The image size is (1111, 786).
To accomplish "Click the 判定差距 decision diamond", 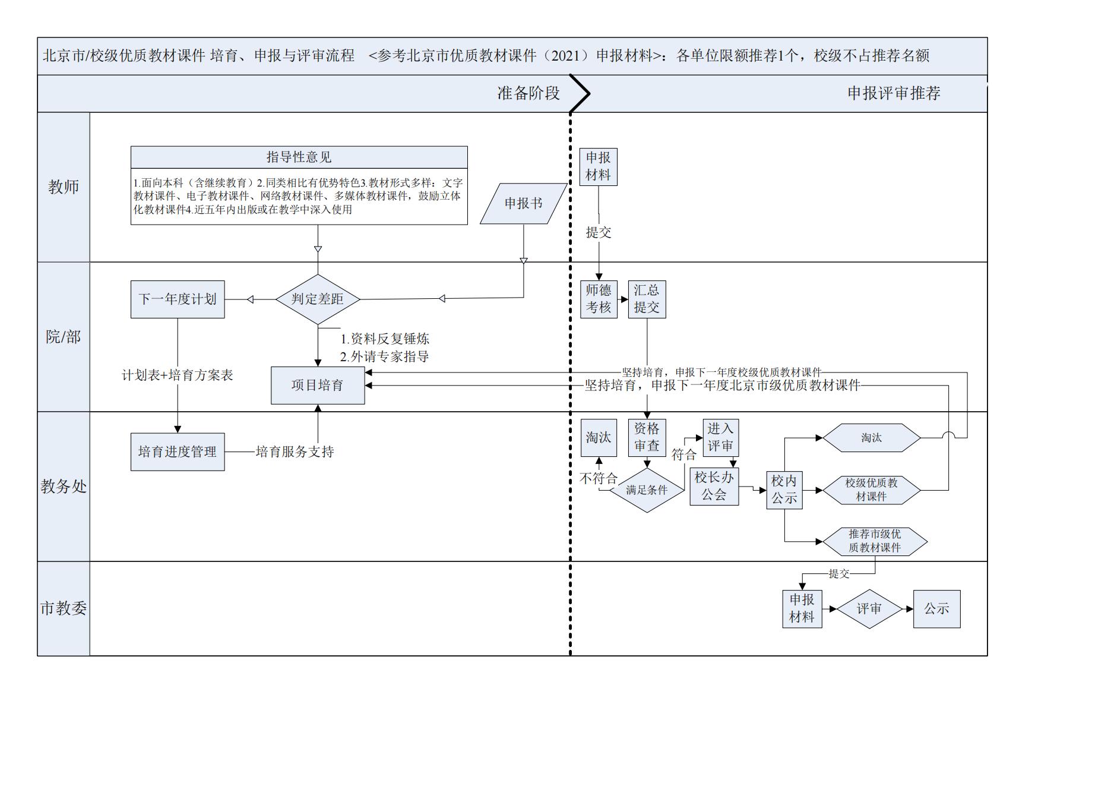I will click(x=318, y=299).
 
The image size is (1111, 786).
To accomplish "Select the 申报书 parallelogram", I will click(x=523, y=204).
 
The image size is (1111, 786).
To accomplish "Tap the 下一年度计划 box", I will click(x=178, y=299).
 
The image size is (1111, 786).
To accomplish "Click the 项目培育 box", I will click(x=318, y=386).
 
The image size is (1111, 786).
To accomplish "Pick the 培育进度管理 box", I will click(x=178, y=452).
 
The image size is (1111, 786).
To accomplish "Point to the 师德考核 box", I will click(x=599, y=299).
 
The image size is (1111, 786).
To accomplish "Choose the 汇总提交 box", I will click(x=647, y=299).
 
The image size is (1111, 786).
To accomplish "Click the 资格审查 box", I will click(x=647, y=437).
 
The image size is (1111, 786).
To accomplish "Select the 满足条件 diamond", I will click(x=647, y=490).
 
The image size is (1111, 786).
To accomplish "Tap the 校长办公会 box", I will click(x=714, y=486).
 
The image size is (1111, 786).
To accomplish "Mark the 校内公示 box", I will click(x=784, y=490).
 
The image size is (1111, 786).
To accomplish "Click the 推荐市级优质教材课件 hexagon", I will click(x=874, y=541).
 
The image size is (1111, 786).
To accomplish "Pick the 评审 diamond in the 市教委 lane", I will click(x=869, y=609).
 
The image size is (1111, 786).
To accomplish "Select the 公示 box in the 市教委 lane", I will click(x=936, y=609).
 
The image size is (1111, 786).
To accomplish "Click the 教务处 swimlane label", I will click(x=64, y=487).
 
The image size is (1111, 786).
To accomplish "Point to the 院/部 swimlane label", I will click(x=64, y=337).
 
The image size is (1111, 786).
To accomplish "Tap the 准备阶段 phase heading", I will click(x=528, y=93).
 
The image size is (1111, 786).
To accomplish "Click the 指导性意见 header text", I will click(x=299, y=157).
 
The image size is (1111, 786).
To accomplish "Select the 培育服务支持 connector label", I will click(x=295, y=452).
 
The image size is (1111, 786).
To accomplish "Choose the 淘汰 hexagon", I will click(x=871, y=438).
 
